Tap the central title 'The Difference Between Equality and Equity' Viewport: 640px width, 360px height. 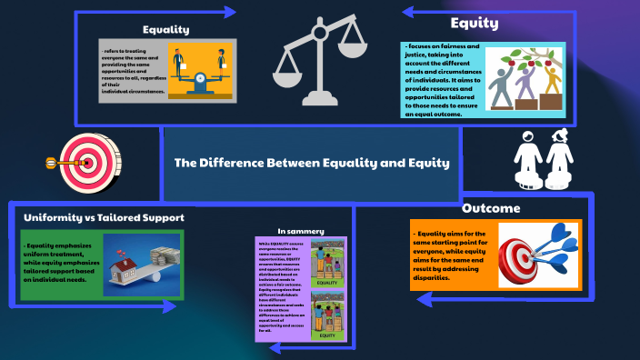[x=312, y=164]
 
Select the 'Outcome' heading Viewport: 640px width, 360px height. [x=491, y=208]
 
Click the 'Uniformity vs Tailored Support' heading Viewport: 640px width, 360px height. [x=104, y=218]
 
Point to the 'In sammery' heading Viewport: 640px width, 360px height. [x=301, y=231]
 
